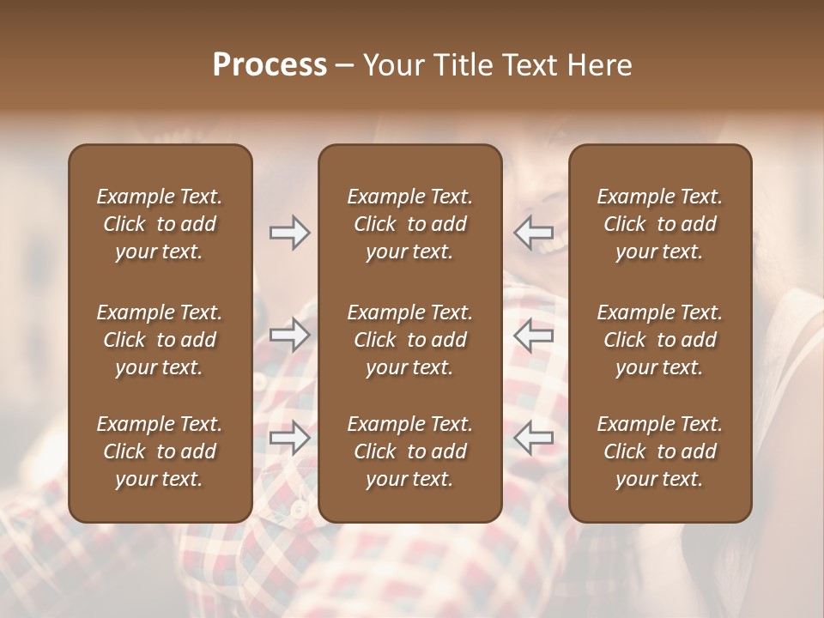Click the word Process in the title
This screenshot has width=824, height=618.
(x=270, y=64)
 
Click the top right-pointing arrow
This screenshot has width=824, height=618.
(x=289, y=233)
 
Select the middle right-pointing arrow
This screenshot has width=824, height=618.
(x=289, y=335)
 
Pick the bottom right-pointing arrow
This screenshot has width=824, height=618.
(x=289, y=438)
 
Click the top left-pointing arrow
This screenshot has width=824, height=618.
(x=533, y=233)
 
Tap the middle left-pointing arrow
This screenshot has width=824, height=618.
(x=533, y=335)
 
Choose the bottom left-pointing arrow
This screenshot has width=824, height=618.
(x=533, y=438)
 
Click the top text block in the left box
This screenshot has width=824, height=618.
(x=160, y=224)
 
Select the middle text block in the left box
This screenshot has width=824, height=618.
(x=160, y=340)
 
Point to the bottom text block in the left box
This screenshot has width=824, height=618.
(x=160, y=451)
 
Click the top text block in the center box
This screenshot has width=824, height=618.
(x=409, y=224)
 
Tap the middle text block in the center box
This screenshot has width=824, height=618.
(x=409, y=340)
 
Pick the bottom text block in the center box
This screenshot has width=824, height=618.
(x=409, y=451)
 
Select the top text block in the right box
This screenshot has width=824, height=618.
(x=659, y=224)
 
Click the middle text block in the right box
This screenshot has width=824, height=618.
(x=659, y=340)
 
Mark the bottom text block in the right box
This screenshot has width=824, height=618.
(x=659, y=451)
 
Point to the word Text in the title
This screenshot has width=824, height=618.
(x=525, y=64)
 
